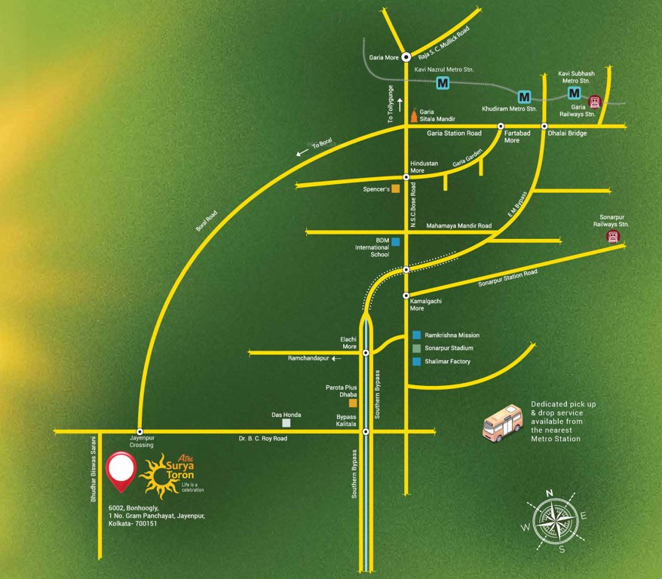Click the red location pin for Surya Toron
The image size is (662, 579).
pos(120,467)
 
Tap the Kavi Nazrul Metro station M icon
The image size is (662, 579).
pos(443,83)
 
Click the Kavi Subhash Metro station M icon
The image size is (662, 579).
pos(575,93)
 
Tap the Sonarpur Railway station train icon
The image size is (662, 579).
pos(613,237)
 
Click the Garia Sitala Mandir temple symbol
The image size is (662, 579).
pos(413,115)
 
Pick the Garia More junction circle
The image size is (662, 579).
pos(406,57)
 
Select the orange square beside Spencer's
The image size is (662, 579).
pos(395,189)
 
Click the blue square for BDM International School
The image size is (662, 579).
pos(394,241)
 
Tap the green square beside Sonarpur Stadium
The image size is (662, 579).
pos(416,348)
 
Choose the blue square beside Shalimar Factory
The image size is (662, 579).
pos(416,362)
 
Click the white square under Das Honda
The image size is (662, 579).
pos(286,423)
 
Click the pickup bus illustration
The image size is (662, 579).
pos(502,423)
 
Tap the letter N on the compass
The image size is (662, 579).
pos(550,493)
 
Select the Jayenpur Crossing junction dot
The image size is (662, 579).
pos(139,431)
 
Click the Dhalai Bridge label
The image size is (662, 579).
pos(567,133)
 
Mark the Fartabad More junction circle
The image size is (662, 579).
pos(500,126)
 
